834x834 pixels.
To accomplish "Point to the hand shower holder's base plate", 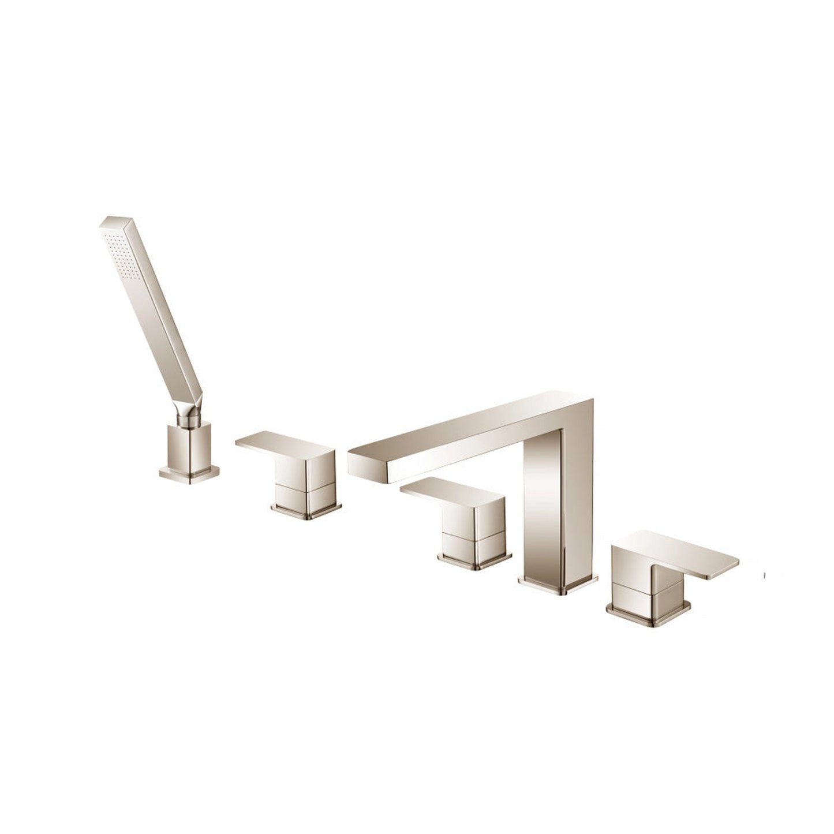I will [189, 472].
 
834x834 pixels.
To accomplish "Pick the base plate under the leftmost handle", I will [306, 510].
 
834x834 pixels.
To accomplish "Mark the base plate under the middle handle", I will [474, 560].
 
